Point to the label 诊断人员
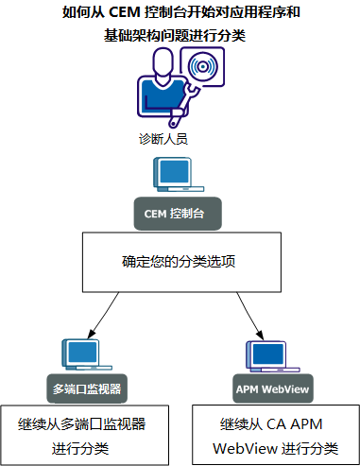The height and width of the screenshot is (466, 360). (x=163, y=138)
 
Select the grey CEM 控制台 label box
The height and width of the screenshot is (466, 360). (x=175, y=214)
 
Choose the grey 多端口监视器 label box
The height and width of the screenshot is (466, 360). (x=86, y=388)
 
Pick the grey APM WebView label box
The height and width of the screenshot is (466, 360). (x=272, y=388)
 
